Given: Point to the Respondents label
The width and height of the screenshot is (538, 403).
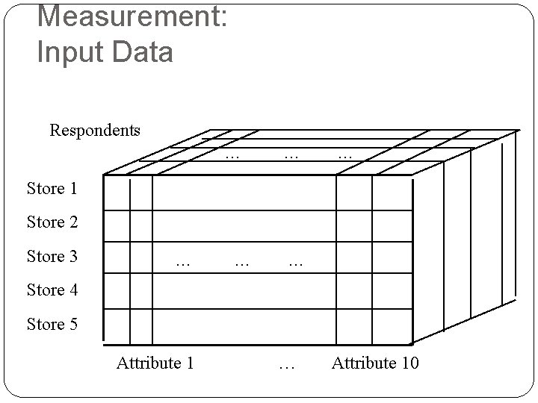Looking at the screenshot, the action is point(95,131).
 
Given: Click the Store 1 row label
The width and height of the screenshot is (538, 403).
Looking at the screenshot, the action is point(52,189).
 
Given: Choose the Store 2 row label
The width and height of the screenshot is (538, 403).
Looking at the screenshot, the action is point(52,222).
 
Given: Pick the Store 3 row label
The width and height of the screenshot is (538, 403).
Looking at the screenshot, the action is point(52,257).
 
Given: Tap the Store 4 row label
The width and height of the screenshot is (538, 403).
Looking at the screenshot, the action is point(52,290).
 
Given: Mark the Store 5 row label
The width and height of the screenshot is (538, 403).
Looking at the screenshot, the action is point(52,325).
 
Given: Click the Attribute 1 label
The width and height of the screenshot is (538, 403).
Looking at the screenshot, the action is point(155,363).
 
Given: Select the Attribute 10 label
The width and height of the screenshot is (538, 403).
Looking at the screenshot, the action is point(375,363).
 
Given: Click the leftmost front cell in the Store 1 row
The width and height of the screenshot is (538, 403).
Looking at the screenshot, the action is point(117,193).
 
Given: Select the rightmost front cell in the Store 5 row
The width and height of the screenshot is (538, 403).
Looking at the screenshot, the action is point(392,329).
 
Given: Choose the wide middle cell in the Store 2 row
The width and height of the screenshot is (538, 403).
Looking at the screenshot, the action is point(244,226).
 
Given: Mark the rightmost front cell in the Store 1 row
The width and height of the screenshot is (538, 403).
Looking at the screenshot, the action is point(392,193).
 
